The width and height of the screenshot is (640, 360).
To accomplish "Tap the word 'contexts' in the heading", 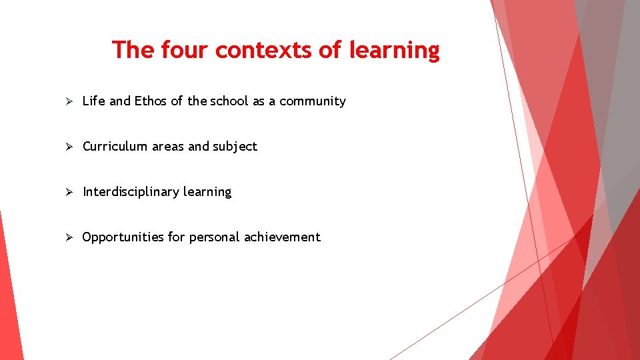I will (x=265, y=50).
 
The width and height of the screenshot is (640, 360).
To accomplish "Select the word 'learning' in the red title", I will (x=395, y=51).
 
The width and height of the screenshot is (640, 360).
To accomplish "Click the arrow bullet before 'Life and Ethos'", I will (x=67, y=101).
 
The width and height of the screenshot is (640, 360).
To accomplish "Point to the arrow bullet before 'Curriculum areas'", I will (x=67, y=147).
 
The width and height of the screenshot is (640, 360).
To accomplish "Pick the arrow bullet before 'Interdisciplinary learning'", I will (x=67, y=192).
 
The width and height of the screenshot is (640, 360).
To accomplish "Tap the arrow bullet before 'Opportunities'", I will (x=67, y=237).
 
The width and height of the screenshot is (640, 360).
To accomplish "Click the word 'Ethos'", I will (x=151, y=101).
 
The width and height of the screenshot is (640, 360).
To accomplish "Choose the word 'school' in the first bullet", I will (x=229, y=101).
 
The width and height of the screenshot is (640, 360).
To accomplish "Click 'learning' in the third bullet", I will (x=207, y=193).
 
